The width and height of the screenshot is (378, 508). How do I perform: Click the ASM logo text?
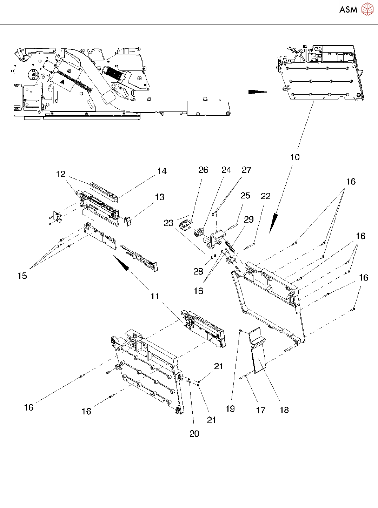point(348,9)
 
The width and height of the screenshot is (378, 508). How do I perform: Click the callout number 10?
point(295,157)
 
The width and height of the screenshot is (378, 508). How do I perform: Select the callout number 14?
point(162,171)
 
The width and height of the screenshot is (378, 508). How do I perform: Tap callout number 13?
point(160,197)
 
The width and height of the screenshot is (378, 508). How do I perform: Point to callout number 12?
point(61,174)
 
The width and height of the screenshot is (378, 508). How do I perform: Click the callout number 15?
point(22,276)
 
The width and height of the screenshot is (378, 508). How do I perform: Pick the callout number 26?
point(203,170)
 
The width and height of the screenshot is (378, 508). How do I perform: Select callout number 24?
point(226,170)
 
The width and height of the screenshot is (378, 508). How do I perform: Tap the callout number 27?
point(247,170)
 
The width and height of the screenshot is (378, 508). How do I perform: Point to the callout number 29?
point(248,219)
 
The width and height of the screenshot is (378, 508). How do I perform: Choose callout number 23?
point(168,223)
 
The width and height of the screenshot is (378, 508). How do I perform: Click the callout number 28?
point(198,271)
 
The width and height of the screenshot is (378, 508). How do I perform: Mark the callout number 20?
point(194,434)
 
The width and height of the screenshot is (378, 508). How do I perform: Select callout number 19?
point(230,408)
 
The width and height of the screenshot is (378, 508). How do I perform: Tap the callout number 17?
point(260,410)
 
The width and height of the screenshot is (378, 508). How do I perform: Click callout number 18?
point(284,410)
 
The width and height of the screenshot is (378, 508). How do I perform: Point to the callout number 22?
point(266,196)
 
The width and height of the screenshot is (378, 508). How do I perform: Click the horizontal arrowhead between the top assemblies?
point(259,92)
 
